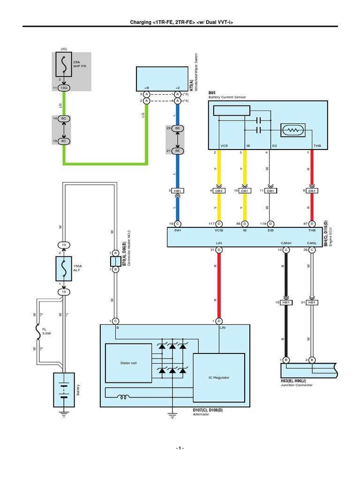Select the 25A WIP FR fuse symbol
[63, 64]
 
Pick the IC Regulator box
[219, 377]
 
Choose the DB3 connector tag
[218, 191]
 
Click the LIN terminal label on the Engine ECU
[218, 243]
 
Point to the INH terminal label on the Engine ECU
[178, 230]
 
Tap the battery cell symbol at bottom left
[63, 389]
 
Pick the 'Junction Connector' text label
[293, 385]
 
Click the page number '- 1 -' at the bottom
[180, 448]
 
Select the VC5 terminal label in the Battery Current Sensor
[223, 146]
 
